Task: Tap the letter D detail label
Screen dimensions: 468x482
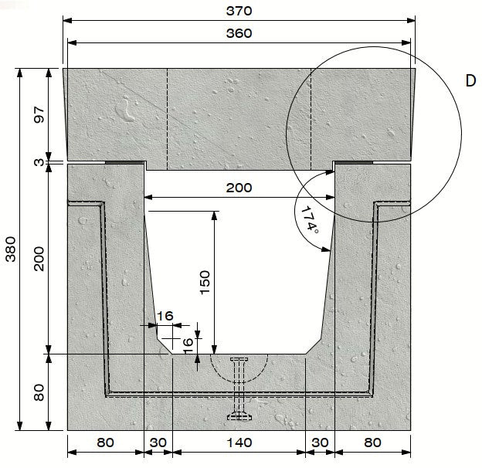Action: [x=470, y=80]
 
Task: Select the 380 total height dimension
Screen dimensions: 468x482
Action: [x=11, y=249]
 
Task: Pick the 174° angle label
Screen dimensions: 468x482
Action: [x=309, y=219]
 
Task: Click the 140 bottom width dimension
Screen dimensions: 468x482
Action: [x=239, y=443]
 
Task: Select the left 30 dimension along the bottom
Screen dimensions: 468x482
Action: [x=158, y=443]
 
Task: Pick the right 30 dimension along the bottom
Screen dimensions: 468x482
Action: [x=320, y=443]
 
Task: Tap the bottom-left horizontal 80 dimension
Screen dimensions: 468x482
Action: [x=105, y=443]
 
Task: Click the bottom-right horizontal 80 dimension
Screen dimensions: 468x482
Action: [x=372, y=443]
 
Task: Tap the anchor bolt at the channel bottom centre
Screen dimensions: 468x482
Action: [x=239, y=390]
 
